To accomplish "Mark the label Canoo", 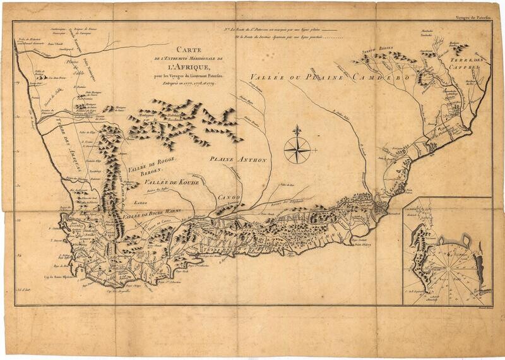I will (x=230, y=198).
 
